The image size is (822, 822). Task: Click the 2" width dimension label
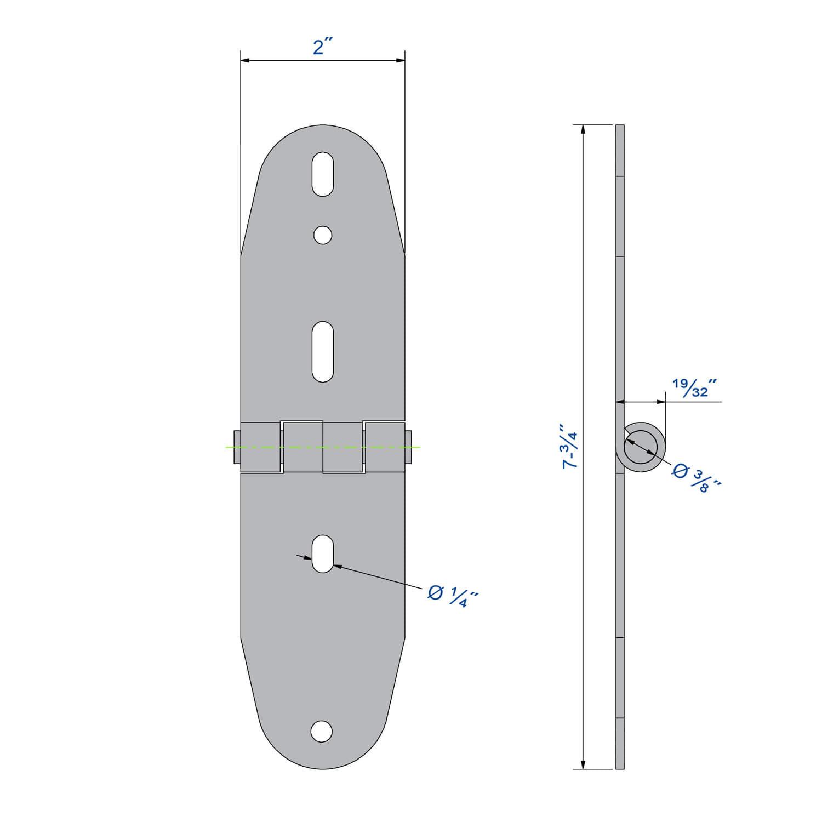(x=323, y=47)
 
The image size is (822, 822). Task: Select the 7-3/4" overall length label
(x=570, y=446)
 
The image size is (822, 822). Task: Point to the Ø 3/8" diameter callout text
(x=697, y=477)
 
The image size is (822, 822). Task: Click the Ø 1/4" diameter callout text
(x=453, y=596)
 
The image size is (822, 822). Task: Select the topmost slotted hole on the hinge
(x=323, y=174)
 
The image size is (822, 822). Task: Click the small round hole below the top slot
(x=323, y=235)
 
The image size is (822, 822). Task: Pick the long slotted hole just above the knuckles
(x=323, y=351)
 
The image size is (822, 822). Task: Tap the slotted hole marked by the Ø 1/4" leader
(x=323, y=553)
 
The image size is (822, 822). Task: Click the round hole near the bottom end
(x=322, y=731)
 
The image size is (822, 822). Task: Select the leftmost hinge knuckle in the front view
(x=261, y=447)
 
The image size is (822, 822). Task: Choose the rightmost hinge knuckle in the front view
(x=385, y=447)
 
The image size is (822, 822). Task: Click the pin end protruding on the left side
(x=237, y=447)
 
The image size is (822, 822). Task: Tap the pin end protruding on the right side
(x=408, y=447)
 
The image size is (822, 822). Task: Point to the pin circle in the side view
(x=641, y=447)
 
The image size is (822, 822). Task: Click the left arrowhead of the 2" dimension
(x=245, y=60)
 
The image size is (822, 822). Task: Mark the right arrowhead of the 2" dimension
(x=401, y=60)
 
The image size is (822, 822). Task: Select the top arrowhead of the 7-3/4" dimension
(x=583, y=129)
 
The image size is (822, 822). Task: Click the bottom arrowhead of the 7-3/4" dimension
(x=583, y=764)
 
